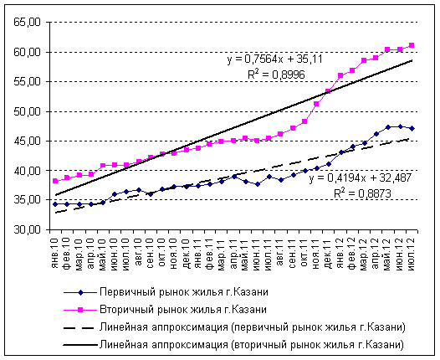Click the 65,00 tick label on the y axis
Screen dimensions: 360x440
point(25,23)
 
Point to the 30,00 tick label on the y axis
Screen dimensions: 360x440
point(25,229)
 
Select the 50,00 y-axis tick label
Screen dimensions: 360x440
point(25,111)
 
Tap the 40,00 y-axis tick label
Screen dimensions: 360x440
point(25,171)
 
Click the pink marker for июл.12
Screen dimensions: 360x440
point(412,45)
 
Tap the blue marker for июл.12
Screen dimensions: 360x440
point(412,128)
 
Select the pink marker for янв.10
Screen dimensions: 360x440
point(55,181)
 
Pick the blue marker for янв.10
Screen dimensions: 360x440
point(55,203)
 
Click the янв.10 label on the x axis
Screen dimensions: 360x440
point(55,248)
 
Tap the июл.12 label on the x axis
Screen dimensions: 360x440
point(412,248)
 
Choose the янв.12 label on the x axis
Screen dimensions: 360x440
point(340,248)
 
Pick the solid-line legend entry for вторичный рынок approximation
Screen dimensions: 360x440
point(252,344)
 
